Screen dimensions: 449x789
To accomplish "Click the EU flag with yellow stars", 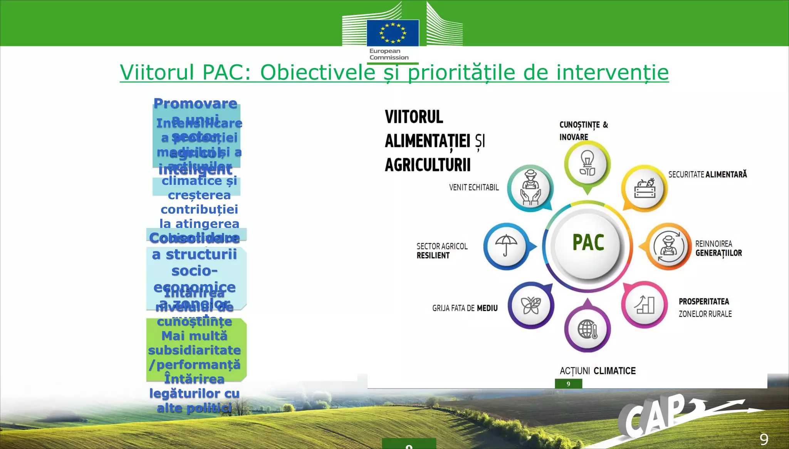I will pyautogui.click(x=393, y=33).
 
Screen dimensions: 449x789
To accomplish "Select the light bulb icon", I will pyautogui.click(x=587, y=164).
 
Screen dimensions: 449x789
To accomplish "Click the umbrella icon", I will pyautogui.click(x=506, y=246).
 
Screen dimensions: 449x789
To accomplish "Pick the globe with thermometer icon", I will pyautogui.click(x=587, y=330).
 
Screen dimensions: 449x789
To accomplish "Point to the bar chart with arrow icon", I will pyautogui.click(x=645, y=305).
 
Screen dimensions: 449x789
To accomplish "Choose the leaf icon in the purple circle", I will pyautogui.click(x=530, y=306).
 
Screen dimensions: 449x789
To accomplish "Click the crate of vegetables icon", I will pyautogui.click(x=645, y=188).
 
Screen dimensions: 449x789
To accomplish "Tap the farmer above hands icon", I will pyautogui.click(x=530, y=188).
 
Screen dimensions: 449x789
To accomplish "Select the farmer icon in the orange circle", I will pyautogui.click(x=668, y=246).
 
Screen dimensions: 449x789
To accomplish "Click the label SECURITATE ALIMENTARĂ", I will pyautogui.click(x=707, y=174).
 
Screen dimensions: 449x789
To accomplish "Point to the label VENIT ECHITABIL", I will pyautogui.click(x=473, y=188).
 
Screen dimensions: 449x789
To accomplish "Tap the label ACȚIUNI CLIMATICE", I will pyautogui.click(x=598, y=371).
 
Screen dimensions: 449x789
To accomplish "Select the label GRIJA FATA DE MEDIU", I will pyautogui.click(x=465, y=308).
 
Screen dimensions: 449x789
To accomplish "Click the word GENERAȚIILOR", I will pyautogui.click(x=718, y=253).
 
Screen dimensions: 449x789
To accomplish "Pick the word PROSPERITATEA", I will pyautogui.click(x=703, y=302).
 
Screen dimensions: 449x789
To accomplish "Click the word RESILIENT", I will pyautogui.click(x=433, y=256).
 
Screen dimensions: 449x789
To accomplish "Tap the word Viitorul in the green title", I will pyautogui.click(x=157, y=72).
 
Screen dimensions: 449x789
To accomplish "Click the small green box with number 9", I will pyautogui.click(x=568, y=384).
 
